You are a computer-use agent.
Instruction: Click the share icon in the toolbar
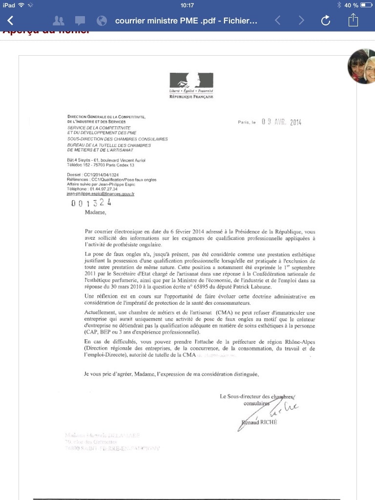point(353,21)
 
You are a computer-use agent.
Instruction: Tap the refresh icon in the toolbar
point(326,21)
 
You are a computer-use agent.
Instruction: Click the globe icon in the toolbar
point(102,21)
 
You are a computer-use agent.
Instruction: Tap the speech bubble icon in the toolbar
point(80,21)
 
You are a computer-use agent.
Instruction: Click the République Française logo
point(191,85)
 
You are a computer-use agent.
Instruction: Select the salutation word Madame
point(95,212)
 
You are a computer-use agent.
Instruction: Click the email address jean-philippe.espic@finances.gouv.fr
point(101,194)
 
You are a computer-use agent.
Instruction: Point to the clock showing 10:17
point(187,5)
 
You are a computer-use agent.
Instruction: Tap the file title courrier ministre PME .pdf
point(186,21)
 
